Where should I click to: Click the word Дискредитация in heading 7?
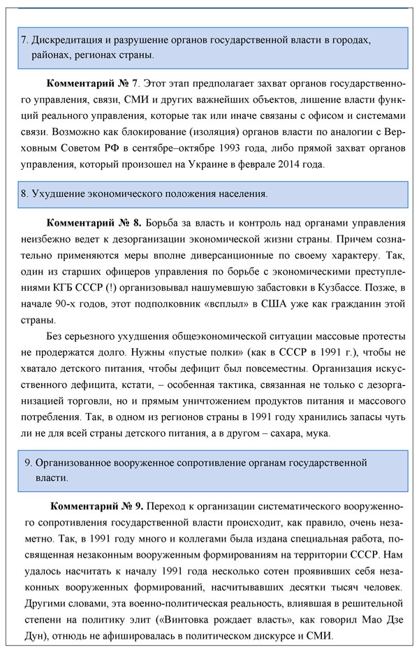coord(64,40)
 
